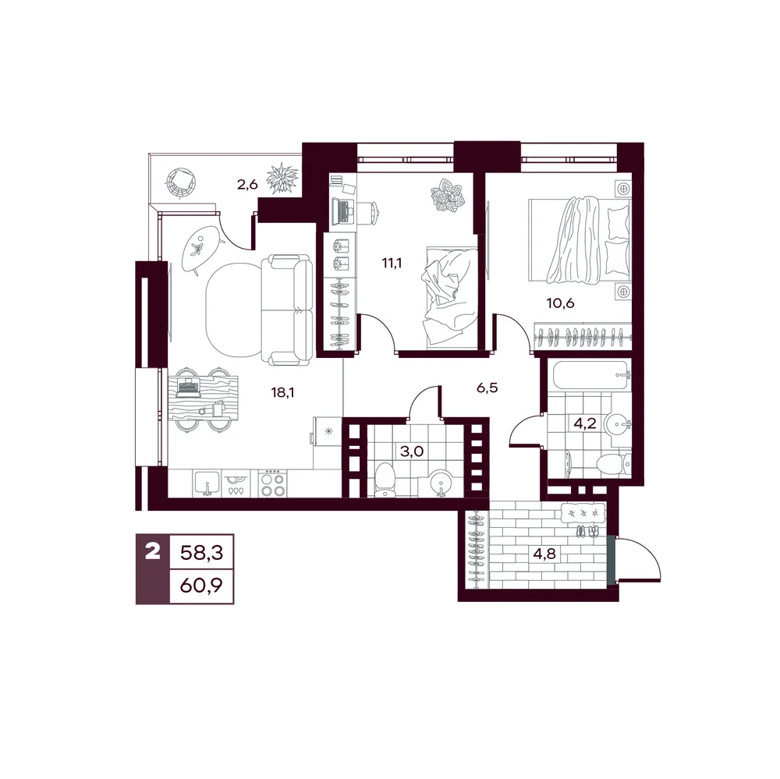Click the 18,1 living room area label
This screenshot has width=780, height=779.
tap(282, 392)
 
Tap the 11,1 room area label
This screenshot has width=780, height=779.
tap(392, 263)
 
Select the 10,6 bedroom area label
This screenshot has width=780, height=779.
tap(561, 303)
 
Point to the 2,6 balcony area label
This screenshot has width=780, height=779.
tap(247, 185)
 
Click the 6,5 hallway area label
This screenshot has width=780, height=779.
tap(487, 388)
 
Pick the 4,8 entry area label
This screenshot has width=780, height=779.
tap(544, 554)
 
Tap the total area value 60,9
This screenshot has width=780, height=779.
tap(201, 586)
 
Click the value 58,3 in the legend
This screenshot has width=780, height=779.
tap(201, 552)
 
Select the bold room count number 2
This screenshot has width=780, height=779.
tap(152, 551)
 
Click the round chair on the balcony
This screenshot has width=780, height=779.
tap(181, 182)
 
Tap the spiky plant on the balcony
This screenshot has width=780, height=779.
tap(283, 178)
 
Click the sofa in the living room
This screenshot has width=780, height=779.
tap(290, 310)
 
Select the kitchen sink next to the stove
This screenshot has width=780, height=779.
tap(207, 483)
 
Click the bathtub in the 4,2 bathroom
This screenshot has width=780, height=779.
tap(589, 376)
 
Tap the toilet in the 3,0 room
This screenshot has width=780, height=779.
tap(385, 480)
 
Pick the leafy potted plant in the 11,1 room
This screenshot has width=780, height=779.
tap(448, 195)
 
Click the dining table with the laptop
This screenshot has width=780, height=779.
tap(203, 398)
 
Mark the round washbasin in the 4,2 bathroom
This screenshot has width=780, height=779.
tap(617, 424)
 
